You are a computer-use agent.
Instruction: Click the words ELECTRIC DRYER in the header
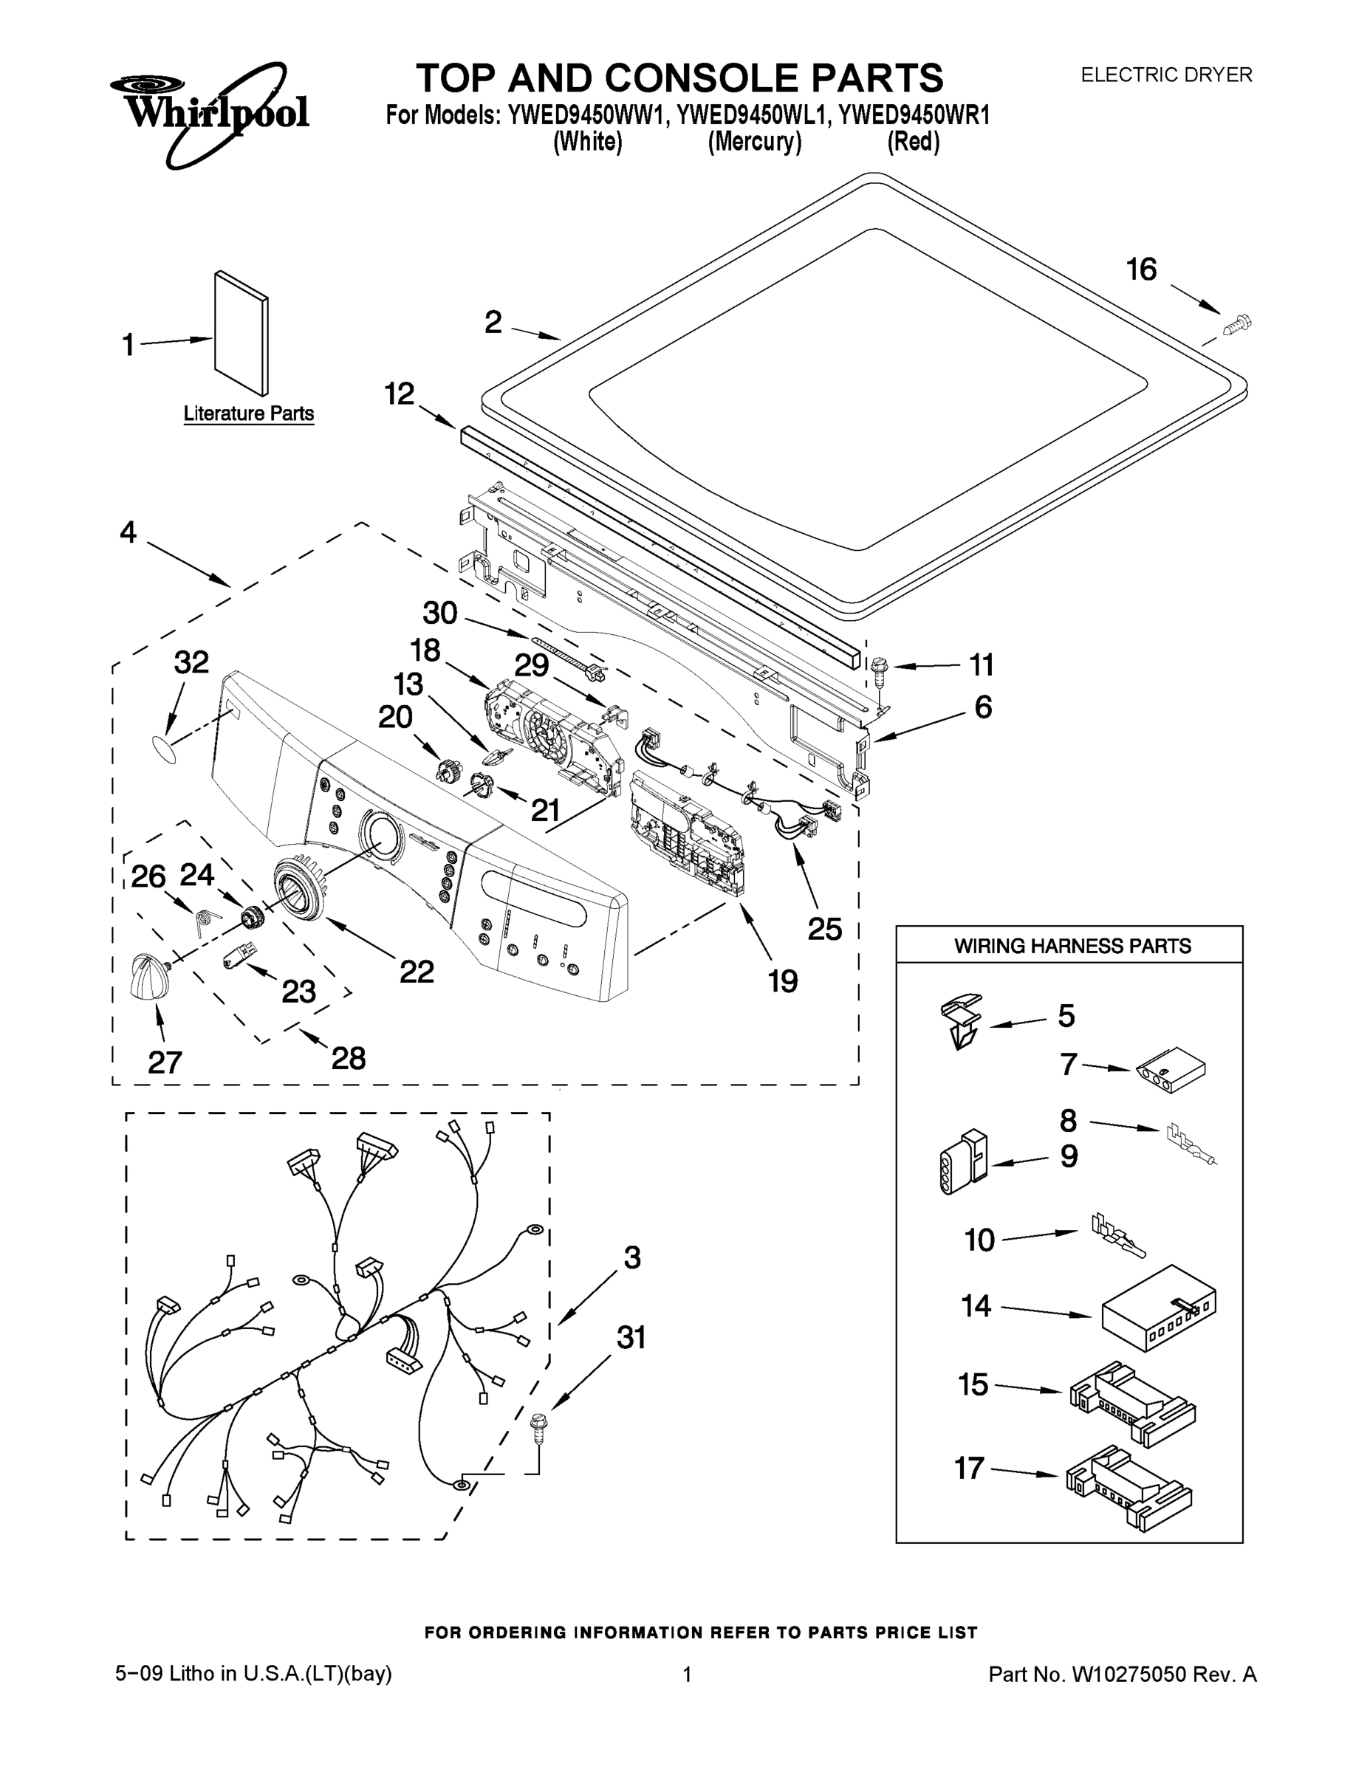click(x=1165, y=75)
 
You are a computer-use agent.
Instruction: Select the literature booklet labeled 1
click(x=242, y=334)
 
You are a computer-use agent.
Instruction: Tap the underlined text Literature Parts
click(x=248, y=413)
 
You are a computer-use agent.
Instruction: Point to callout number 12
click(x=399, y=394)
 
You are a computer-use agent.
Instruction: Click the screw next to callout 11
click(x=877, y=667)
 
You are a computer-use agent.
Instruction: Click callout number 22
click(x=417, y=971)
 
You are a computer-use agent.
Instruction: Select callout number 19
click(x=783, y=982)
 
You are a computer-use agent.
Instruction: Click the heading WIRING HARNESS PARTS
click(x=1072, y=946)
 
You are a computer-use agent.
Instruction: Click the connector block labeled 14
click(x=1159, y=1308)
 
